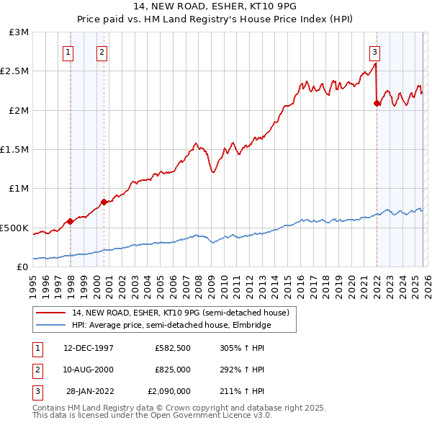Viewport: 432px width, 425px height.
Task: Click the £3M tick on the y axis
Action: (x=19, y=32)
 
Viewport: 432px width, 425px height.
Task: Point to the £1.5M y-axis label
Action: (x=16, y=150)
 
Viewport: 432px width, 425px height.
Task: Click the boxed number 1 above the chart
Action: (x=68, y=51)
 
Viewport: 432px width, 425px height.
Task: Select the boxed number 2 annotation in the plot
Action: (x=102, y=51)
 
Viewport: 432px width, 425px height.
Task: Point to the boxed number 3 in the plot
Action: (x=375, y=51)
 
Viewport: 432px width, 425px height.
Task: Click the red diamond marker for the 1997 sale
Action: (x=70, y=221)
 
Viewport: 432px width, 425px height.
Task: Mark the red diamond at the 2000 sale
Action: (x=104, y=202)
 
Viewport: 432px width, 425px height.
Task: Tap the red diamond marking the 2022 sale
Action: (x=377, y=104)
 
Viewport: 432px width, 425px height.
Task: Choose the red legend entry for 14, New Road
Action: (x=181, y=313)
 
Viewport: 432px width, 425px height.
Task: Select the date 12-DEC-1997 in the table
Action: (x=88, y=348)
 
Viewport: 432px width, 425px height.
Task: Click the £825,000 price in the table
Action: (x=173, y=370)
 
